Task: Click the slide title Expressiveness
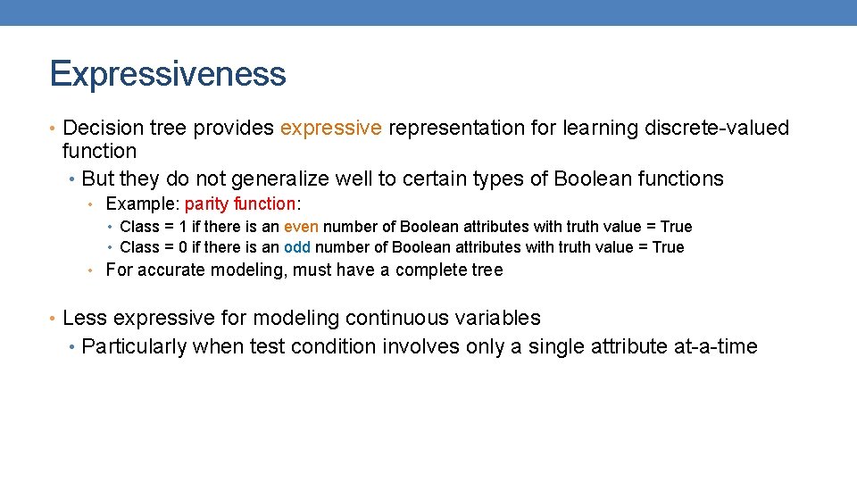click(168, 74)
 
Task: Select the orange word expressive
click(330, 129)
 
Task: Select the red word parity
click(204, 204)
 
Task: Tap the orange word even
click(301, 228)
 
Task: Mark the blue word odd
click(296, 247)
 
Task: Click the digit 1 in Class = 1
click(183, 228)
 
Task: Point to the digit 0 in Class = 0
click(183, 247)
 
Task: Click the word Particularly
click(134, 347)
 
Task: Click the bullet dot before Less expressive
click(54, 319)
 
